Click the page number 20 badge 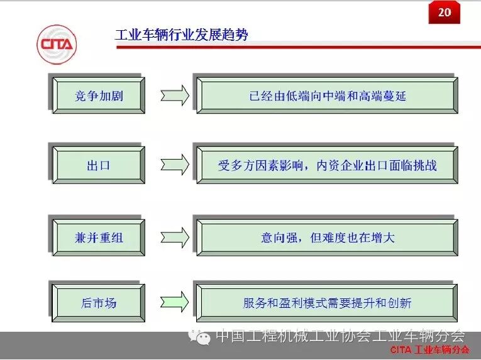445,12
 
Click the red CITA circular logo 57,45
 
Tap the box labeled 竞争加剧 99,95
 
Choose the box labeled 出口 99,165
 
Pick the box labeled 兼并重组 99,237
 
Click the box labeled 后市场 99,302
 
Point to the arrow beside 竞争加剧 174,95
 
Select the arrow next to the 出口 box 174,165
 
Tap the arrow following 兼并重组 174,237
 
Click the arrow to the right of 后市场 174,302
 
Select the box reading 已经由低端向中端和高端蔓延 327,95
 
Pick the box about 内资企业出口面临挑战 327,165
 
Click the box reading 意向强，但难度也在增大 327,237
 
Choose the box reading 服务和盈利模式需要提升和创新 327,302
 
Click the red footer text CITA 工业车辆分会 429,350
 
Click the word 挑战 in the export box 424,166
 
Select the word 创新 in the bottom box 400,303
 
